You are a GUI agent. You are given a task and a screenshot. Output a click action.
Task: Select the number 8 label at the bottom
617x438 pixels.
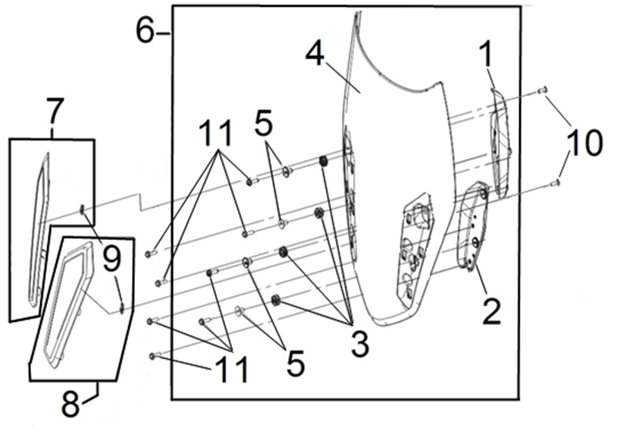tap(71, 403)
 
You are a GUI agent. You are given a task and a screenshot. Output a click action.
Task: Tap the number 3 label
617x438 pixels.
tap(359, 344)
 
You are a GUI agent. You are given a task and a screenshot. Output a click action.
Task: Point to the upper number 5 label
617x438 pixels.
tap(264, 124)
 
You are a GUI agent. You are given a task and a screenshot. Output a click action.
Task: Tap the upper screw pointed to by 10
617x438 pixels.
tap(543, 90)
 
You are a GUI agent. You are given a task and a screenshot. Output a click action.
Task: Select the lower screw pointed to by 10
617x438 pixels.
tap(556, 182)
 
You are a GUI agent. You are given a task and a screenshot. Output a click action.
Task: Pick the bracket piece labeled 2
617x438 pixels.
tap(474, 228)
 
